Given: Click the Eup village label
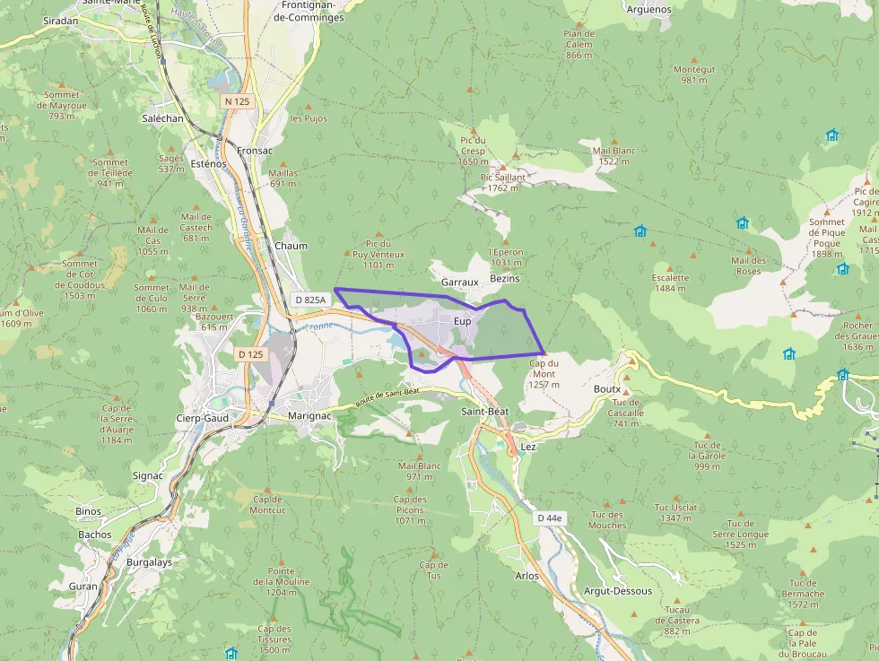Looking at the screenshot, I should (462, 321).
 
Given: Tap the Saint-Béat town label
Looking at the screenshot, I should (484, 411).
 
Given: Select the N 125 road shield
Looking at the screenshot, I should (238, 101).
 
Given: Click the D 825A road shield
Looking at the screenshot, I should (309, 300).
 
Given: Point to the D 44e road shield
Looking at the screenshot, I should (550, 518).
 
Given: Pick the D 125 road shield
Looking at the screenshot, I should (251, 354).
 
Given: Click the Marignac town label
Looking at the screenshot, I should (311, 416).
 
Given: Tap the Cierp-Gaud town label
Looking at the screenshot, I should (202, 418).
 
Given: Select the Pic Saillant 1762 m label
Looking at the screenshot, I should (503, 183).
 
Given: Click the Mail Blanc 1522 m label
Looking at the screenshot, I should (614, 156).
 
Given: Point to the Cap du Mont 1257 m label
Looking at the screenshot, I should (544, 374).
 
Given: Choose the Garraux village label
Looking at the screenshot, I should (460, 282).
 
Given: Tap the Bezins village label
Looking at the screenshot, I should (505, 279).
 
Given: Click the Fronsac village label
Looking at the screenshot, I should (255, 151).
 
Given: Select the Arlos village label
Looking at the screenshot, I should (527, 576).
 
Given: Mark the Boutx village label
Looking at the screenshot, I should (606, 389).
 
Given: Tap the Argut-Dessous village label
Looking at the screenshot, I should (618, 591).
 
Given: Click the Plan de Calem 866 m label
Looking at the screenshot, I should (579, 45).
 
